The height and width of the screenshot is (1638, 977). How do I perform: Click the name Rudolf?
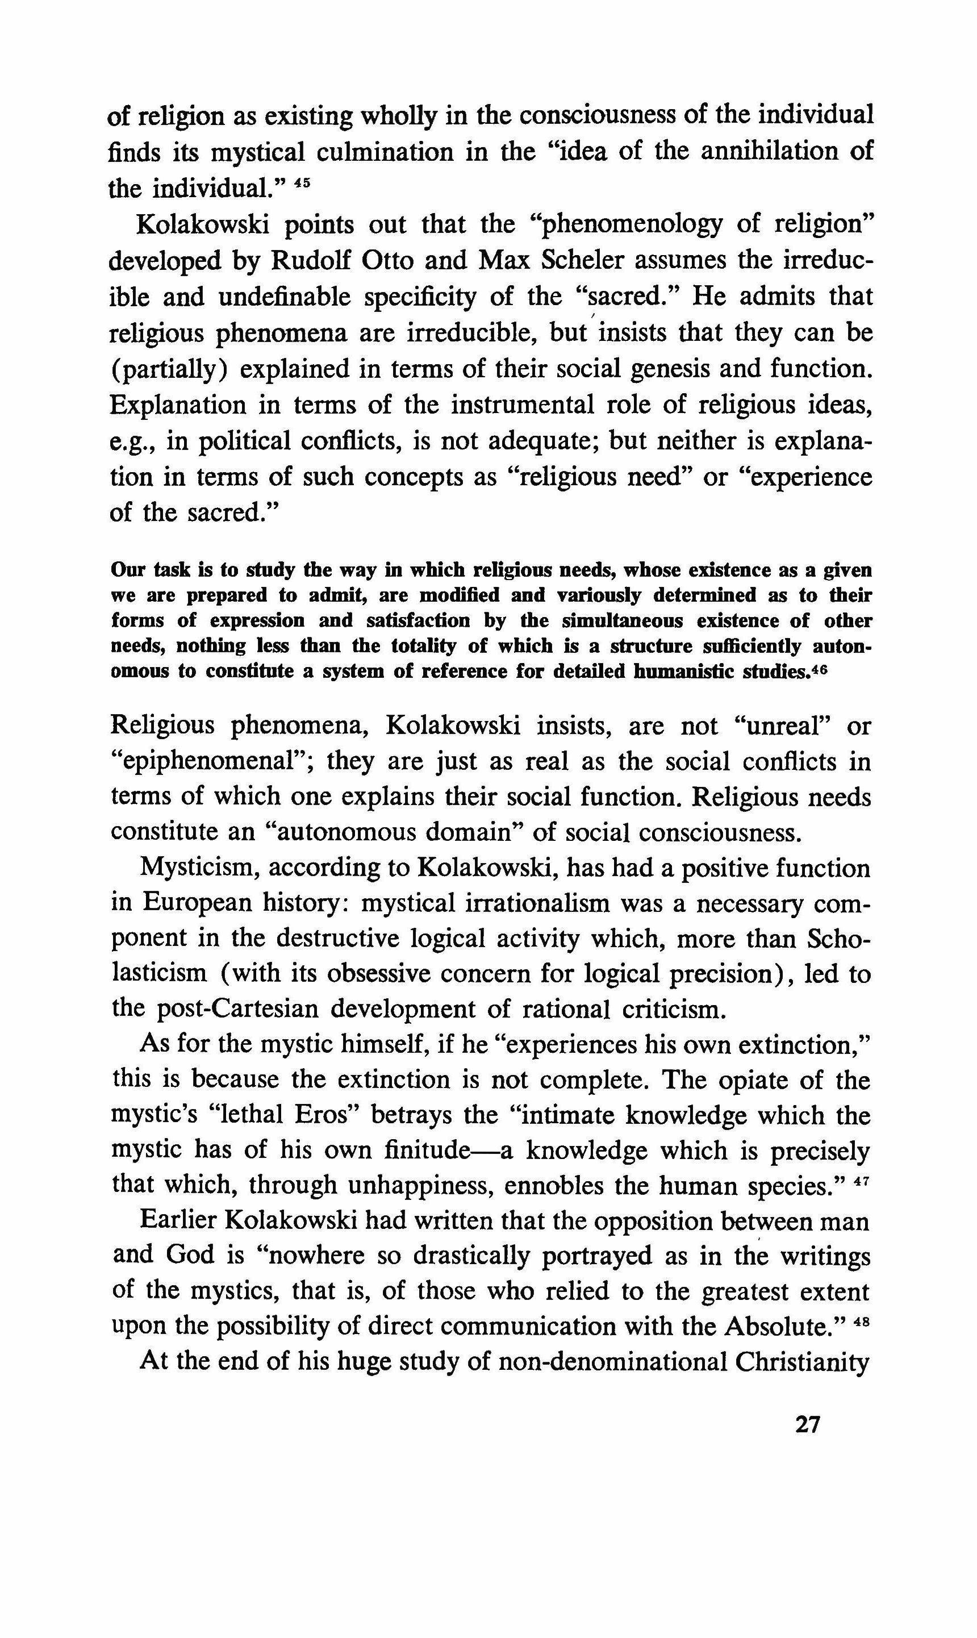click(x=311, y=261)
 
